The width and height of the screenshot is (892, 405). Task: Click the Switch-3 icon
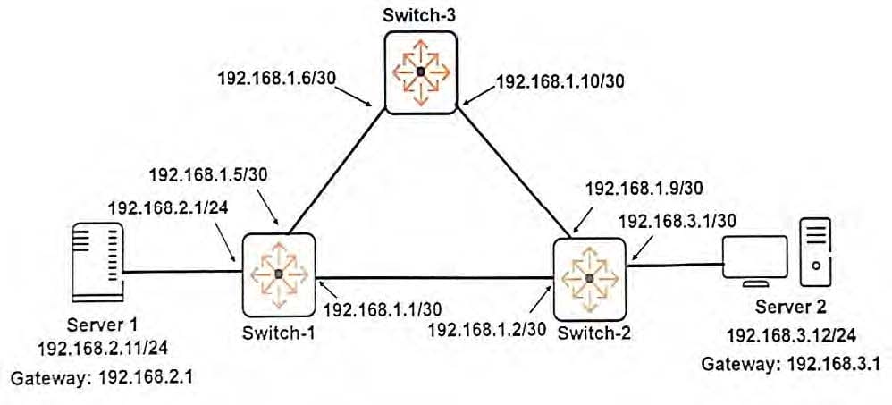[x=420, y=72]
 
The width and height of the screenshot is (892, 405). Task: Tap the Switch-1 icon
[x=279, y=274]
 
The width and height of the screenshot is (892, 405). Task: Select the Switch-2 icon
[x=589, y=278]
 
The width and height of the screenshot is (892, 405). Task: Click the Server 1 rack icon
[x=97, y=262]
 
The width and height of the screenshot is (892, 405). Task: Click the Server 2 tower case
[x=816, y=252]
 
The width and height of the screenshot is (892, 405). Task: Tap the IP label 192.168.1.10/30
[x=560, y=80]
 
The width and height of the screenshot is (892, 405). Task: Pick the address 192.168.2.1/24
[x=168, y=208]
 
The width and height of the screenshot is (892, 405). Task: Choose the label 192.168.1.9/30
[x=643, y=188]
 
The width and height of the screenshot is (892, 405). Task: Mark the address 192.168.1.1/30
[x=383, y=308]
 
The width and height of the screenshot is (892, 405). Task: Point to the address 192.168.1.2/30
[x=487, y=328]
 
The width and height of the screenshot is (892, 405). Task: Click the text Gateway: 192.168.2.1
[x=100, y=376]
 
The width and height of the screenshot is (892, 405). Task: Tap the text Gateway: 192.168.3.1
[x=791, y=362]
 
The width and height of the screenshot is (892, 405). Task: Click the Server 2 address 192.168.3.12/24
[x=791, y=335]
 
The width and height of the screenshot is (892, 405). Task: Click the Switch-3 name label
[x=420, y=14]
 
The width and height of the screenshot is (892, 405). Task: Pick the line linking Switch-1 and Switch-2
[x=434, y=277]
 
